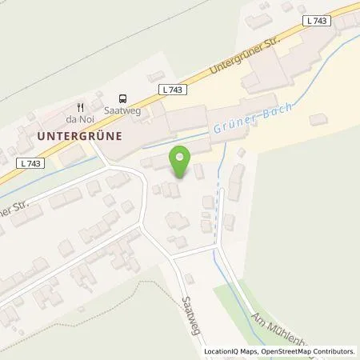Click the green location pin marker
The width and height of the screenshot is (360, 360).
pyautogui.click(x=181, y=162)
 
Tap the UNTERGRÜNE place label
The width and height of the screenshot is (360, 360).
pyautogui.click(x=79, y=136)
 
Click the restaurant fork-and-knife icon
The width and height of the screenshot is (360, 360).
pyautogui.click(x=81, y=106)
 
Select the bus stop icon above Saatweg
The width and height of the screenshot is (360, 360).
pyautogui.click(x=122, y=97)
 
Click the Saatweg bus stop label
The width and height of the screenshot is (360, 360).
pyautogui.click(x=122, y=111)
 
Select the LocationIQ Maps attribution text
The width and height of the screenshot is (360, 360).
pyautogui.click(x=232, y=351)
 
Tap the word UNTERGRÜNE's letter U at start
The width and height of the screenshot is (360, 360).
pyautogui.click(x=41, y=136)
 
